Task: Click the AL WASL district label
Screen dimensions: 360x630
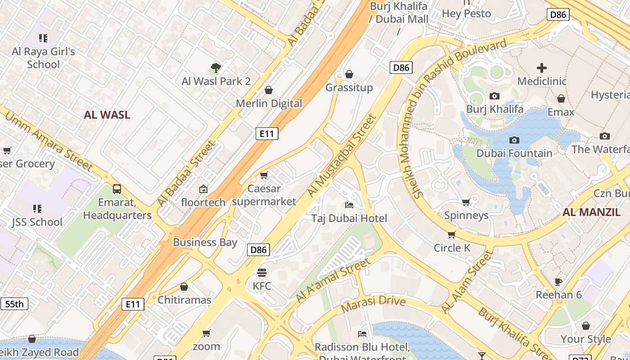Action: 107,115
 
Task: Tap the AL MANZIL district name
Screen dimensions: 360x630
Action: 591,212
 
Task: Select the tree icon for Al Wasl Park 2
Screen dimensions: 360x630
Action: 216,68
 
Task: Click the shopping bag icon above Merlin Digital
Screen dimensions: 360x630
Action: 269,90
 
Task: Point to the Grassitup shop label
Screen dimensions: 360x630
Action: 349,87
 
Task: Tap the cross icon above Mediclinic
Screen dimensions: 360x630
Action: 542,68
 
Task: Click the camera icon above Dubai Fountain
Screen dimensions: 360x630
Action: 514,140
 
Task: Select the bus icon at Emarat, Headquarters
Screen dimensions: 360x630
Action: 117,189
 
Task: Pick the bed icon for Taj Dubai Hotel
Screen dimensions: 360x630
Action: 349,205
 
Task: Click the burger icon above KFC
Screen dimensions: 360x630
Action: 262,273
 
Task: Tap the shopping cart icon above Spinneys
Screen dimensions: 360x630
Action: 466,202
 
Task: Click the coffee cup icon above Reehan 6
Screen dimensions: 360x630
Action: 558,282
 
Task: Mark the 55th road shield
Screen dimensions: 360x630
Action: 14,304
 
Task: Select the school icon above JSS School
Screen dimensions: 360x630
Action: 37,209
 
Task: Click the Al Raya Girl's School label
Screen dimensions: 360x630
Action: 43,58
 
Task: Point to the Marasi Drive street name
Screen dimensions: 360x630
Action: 373,304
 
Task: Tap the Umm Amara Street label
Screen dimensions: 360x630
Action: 48,141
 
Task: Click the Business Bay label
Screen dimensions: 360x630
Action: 205,243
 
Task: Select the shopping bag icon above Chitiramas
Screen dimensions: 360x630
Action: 184,287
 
